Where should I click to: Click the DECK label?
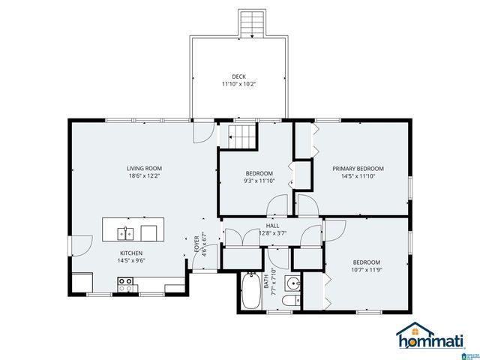[238, 76]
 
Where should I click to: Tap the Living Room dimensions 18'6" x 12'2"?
[144, 176]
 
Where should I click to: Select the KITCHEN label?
[130, 253]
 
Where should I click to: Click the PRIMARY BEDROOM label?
[358, 169]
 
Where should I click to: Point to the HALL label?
[273, 225]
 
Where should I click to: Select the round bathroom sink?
[293, 283]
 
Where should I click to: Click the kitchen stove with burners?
[125, 284]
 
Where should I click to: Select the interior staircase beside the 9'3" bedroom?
[241, 138]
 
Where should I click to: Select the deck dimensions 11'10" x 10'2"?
[238, 85]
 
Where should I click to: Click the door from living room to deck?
[202, 132]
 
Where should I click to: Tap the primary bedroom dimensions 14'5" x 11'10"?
[358, 177]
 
